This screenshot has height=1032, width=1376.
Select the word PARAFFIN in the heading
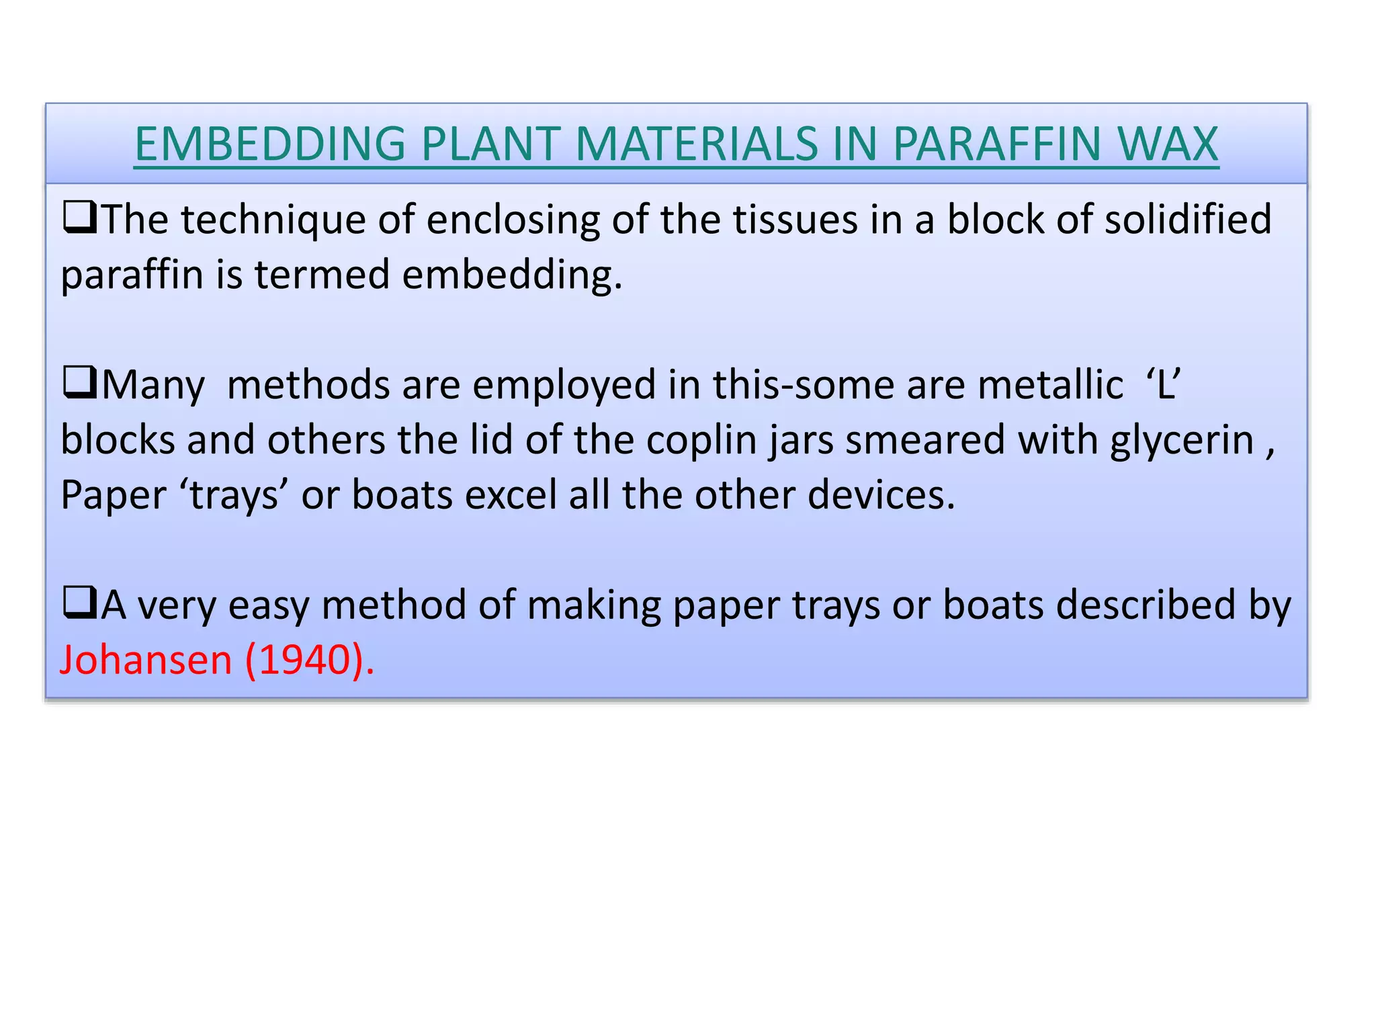pos(997,144)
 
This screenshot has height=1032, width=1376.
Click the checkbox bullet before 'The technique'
pos(79,219)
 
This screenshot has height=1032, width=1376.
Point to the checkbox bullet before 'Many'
pos(79,384)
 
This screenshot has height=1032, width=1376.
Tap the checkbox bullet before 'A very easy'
pos(79,603)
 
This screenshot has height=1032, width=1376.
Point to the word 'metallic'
pos(1050,384)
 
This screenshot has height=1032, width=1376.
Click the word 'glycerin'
pos(1182,441)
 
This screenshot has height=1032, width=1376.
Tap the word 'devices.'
pos(881,496)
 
